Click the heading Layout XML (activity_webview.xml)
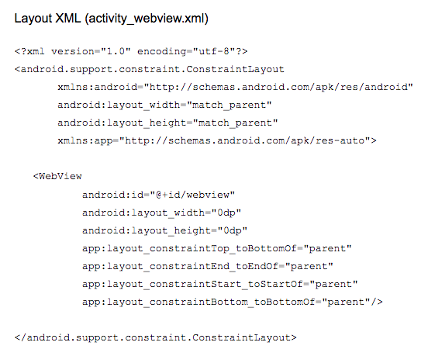[112, 19]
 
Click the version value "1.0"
[116, 51]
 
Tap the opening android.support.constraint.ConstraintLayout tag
[150, 69]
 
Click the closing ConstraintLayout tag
[156, 337]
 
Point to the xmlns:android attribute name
[98, 87]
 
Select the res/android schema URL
[278, 87]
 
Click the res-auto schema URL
[244, 140]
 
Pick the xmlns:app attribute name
[85, 141]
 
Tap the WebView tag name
[60, 176]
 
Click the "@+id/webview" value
[192, 195]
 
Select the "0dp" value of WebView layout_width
[226, 213]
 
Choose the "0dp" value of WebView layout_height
[233, 230]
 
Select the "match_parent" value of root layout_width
[230, 105]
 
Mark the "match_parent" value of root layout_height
[235, 123]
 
